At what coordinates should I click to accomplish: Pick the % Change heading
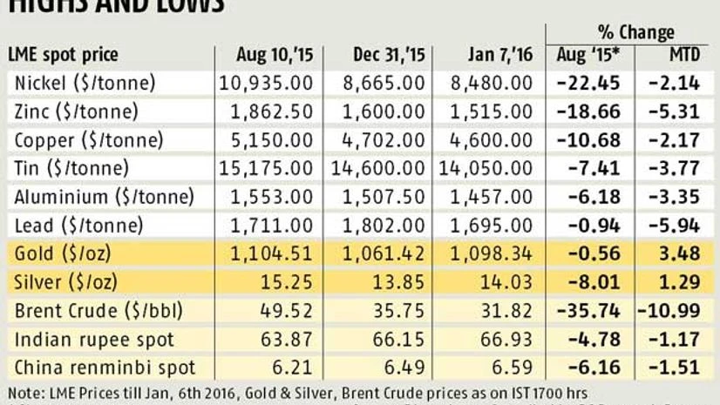click(632, 33)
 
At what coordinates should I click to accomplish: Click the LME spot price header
click(63, 56)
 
